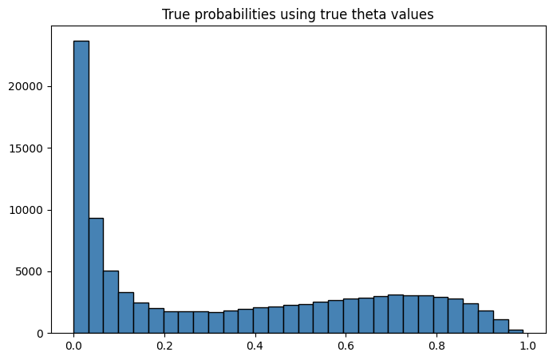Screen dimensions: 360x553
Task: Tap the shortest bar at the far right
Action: point(515,330)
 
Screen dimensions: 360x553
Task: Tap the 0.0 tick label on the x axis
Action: point(73,347)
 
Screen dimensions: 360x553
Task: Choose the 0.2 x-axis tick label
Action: point(164,347)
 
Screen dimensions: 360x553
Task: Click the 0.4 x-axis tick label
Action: point(255,347)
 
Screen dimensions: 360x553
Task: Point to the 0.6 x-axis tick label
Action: point(346,347)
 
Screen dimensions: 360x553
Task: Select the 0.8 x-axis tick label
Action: point(436,347)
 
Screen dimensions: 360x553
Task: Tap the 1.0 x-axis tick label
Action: point(527,347)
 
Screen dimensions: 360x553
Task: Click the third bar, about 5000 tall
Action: point(111,302)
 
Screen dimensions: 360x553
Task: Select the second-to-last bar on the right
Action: point(500,326)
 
